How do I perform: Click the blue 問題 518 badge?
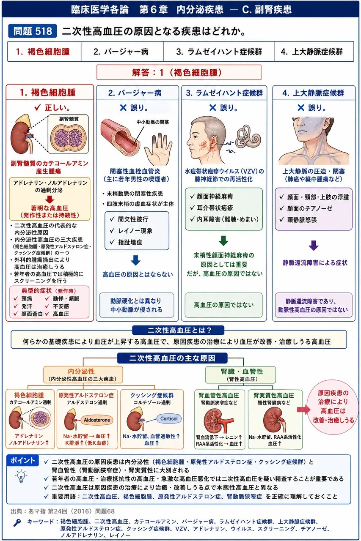(x=33, y=31)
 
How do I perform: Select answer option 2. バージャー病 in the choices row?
(x=121, y=52)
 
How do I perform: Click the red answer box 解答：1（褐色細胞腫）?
(x=179, y=72)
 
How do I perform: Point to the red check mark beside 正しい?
(x=38, y=107)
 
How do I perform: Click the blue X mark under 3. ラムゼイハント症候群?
(x=212, y=108)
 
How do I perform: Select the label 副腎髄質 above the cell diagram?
(x=69, y=119)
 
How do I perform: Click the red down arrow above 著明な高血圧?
(x=50, y=199)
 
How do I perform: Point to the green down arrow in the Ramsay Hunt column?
(x=223, y=241)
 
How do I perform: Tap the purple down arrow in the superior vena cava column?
(x=314, y=246)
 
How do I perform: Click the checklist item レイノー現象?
(x=135, y=231)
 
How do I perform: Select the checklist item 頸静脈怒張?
(x=302, y=220)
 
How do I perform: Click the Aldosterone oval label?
(x=97, y=420)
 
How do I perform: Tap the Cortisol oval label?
(x=169, y=418)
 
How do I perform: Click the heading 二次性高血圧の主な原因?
(x=172, y=358)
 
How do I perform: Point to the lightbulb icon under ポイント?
(x=21, y=476)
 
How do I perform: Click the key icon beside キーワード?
(x=17, y=523)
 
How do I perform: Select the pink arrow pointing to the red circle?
(x=303, y=410)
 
